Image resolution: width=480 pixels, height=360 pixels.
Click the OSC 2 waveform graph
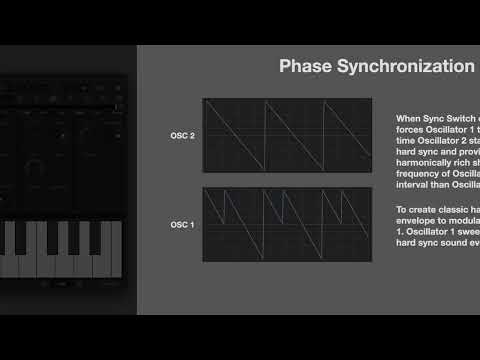(x=286, y=136)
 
